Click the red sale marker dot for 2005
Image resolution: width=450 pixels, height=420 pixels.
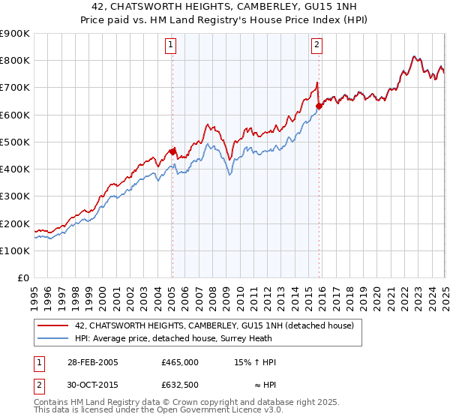tap(172, 151)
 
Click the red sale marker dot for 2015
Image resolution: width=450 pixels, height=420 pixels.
tap(319, 106)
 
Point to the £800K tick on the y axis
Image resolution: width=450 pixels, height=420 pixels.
tap(15, 61)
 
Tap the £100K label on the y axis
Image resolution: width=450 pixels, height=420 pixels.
tap(15, 251)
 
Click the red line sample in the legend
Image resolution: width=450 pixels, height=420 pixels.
tap(53, 325)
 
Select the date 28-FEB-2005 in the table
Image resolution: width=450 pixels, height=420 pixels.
tap(92, 362)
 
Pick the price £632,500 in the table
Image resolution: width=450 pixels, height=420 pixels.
tap(179, 385)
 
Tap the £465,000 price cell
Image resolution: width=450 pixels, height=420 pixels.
tap(179, 362)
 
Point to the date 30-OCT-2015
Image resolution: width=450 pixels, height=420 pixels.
tap(92, 385)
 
